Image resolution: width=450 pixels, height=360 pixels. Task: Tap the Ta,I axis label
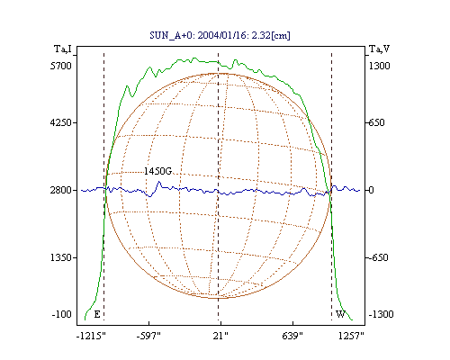pos(63,49)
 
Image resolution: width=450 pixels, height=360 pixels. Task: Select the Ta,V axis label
pos(379,49)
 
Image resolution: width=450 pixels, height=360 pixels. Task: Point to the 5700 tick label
pos(61,66)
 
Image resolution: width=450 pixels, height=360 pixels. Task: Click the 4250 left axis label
pos(61,122)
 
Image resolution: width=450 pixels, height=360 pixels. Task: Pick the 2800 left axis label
pos(61,190)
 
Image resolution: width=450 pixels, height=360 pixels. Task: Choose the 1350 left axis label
pos(61,257)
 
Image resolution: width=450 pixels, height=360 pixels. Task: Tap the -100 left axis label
pos(62,314)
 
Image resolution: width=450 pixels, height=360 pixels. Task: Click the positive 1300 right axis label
pos(379,66)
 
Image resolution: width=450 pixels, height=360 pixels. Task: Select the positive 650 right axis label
pos(376,122)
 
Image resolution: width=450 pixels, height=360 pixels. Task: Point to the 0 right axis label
pos(372,190)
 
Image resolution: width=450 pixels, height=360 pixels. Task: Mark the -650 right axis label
pos(378,257)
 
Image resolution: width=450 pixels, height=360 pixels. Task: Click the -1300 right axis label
pos(381,314)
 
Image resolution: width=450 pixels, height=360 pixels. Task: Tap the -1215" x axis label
pos(91,336)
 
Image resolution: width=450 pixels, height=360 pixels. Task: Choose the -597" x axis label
pos(148,336)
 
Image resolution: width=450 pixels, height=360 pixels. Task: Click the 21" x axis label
pos(220,336)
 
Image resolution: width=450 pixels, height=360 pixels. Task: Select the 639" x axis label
pos(292,336)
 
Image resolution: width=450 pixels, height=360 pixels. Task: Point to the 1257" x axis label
pos(351,336)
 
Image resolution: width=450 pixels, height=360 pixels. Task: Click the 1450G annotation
pos(157,171)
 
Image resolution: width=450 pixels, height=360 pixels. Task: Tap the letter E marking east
pos(97,314)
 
